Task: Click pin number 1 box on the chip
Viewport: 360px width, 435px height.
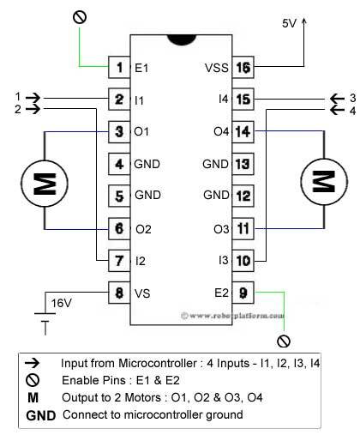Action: click(119, 66)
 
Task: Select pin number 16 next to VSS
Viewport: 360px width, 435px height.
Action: click(243, 66)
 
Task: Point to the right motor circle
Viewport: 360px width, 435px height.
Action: click(323, 181)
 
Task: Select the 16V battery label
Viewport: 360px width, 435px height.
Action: click(61, 303)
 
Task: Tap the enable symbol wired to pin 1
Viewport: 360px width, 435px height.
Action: click(80, 15)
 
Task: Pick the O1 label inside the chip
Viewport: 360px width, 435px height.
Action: click(142, 131)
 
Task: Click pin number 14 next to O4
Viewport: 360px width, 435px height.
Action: click(243, 131)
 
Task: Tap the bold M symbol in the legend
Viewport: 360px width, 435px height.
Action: click(33, 397)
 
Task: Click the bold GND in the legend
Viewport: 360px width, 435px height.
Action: click(40, 415)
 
